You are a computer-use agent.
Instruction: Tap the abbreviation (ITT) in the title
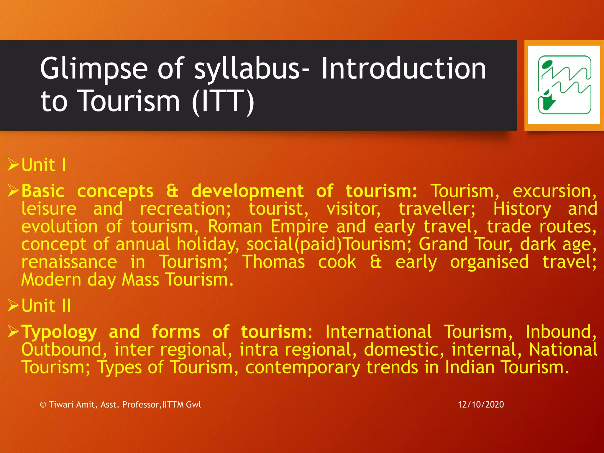click(x=223, y=101)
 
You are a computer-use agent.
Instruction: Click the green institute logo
click(x=564, y=85)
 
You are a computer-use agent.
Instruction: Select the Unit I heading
click(x=44, y=165)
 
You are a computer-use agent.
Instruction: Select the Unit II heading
click(x=46, y=306)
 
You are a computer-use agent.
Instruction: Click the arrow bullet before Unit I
click(x=14, y=165)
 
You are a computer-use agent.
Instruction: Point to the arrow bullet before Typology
click(x=14, y=332)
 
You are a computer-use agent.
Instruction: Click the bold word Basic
click(x=43, y=191)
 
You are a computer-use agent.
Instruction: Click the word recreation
click(x=185, y=209)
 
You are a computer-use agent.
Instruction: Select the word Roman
click(x=235, y=226)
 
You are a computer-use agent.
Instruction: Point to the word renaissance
click(x=69, y=262)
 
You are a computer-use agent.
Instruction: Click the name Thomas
click(x=273, y=262)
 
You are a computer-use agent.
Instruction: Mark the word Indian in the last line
click(x=470, y=367)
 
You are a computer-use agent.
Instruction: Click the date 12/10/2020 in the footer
click(x=481, y=404)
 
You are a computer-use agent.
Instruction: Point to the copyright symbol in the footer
click(x=43, y=405)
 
